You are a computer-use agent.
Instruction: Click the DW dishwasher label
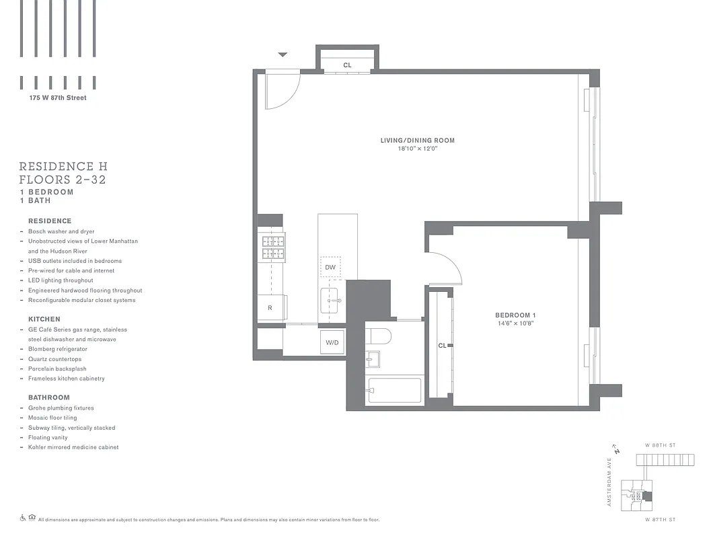pyautogui.click(x=330, y=267)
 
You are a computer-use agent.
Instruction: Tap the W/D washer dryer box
pyautogui.click(x=332, y=342)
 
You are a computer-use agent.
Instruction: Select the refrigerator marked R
pyautogui.click(x=270, y=307)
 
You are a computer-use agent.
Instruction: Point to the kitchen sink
pyautogui.click(x=330, y=300)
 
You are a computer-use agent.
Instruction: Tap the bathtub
pyautogui.click(x=395, y=391)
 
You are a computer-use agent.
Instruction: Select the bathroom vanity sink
pyautogui.click(x=372, y=360)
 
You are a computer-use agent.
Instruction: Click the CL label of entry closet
pyautogui.click(x=347, y=65)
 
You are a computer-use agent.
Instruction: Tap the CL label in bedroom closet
pyautogui.click(x=442, y=346)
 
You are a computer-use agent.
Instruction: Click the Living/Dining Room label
pyautogui.click(x=417, y=141)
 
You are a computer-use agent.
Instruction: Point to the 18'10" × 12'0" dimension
pyautogui.click(x=417, y=149)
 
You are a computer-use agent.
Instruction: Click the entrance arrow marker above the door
pyautogui.click(x=283, y=54)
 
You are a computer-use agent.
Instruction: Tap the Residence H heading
pyautogui.click(x=63, y=166)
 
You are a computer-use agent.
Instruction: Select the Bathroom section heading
pyautogui.click(x=49, y=397)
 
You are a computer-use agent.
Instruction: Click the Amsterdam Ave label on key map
pyautogui.click(x=609, y=482)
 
